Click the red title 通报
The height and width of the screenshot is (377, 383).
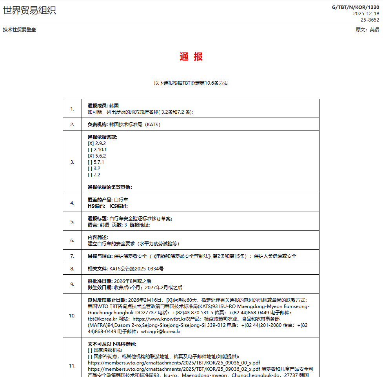pos(191,57)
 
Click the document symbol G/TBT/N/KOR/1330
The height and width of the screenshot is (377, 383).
pos(356,7)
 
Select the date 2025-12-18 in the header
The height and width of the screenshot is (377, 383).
pos(366,13)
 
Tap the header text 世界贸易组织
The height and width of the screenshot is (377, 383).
pos(30,11)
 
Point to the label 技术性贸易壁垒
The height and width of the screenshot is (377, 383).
pos(20,30)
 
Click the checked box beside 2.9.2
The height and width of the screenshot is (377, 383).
pos(91,143)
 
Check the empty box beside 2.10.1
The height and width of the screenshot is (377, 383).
pos(91,150)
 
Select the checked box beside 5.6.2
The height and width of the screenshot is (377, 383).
pos(91,156)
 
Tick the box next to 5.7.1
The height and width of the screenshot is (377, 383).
pos(91,162)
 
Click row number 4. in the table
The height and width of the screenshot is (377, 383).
pos(72,203)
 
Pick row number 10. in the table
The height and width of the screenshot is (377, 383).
pos(72,315)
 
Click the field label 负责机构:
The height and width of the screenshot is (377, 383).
pos(98,125)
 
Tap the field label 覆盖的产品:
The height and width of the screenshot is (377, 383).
pos(100,200)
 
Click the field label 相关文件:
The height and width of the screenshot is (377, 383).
pos(98,269)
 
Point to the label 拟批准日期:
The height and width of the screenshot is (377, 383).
pos(100,281)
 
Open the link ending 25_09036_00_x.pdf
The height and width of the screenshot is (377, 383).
pos(174,363)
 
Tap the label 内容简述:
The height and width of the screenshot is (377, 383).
pos(98,237)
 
